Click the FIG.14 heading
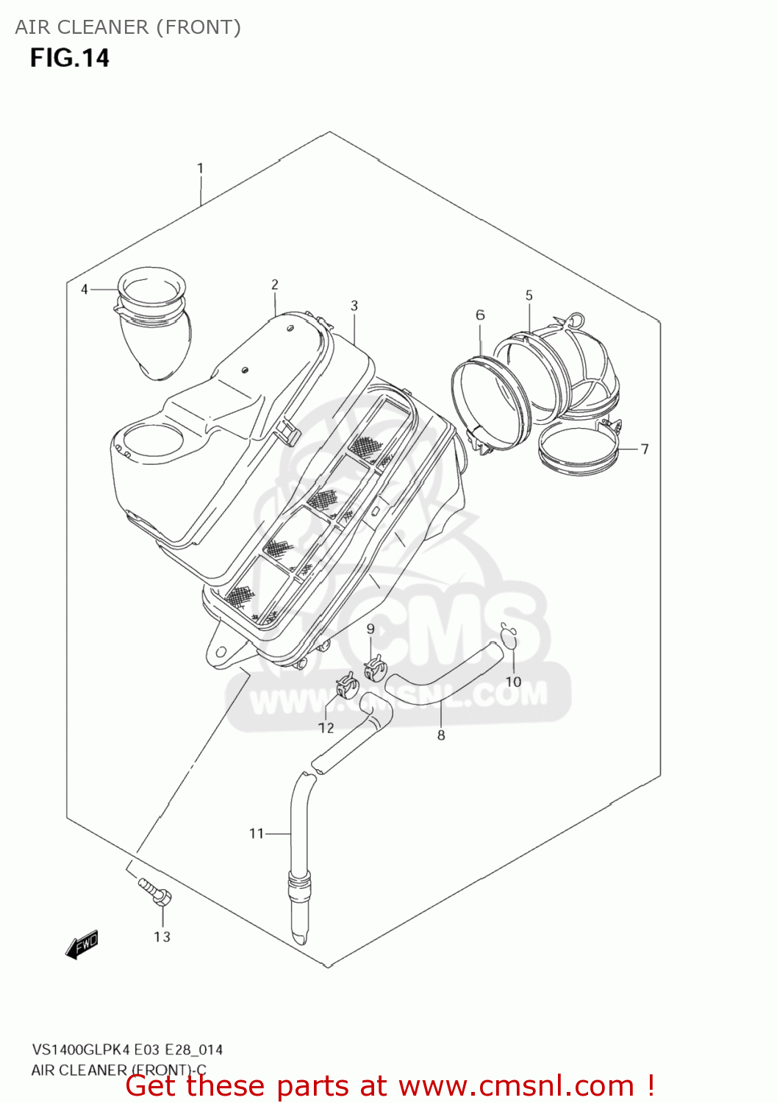coord(69,58)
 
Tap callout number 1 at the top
coord(200,168)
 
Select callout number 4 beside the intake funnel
coord(85,290)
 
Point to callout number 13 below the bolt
coord(162,937)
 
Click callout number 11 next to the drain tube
coord(256,833)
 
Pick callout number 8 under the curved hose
coord(441,735)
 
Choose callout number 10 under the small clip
coord(513,682)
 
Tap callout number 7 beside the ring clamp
coord(645,449)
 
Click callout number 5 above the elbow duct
coord(529,295)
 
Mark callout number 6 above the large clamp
coord(480,315)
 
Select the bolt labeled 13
coord(154,890)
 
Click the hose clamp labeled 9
coord(375,668)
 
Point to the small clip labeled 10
coord(509,638)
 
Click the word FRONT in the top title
coord(197,27)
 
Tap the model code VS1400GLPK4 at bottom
coord(80,1050)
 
